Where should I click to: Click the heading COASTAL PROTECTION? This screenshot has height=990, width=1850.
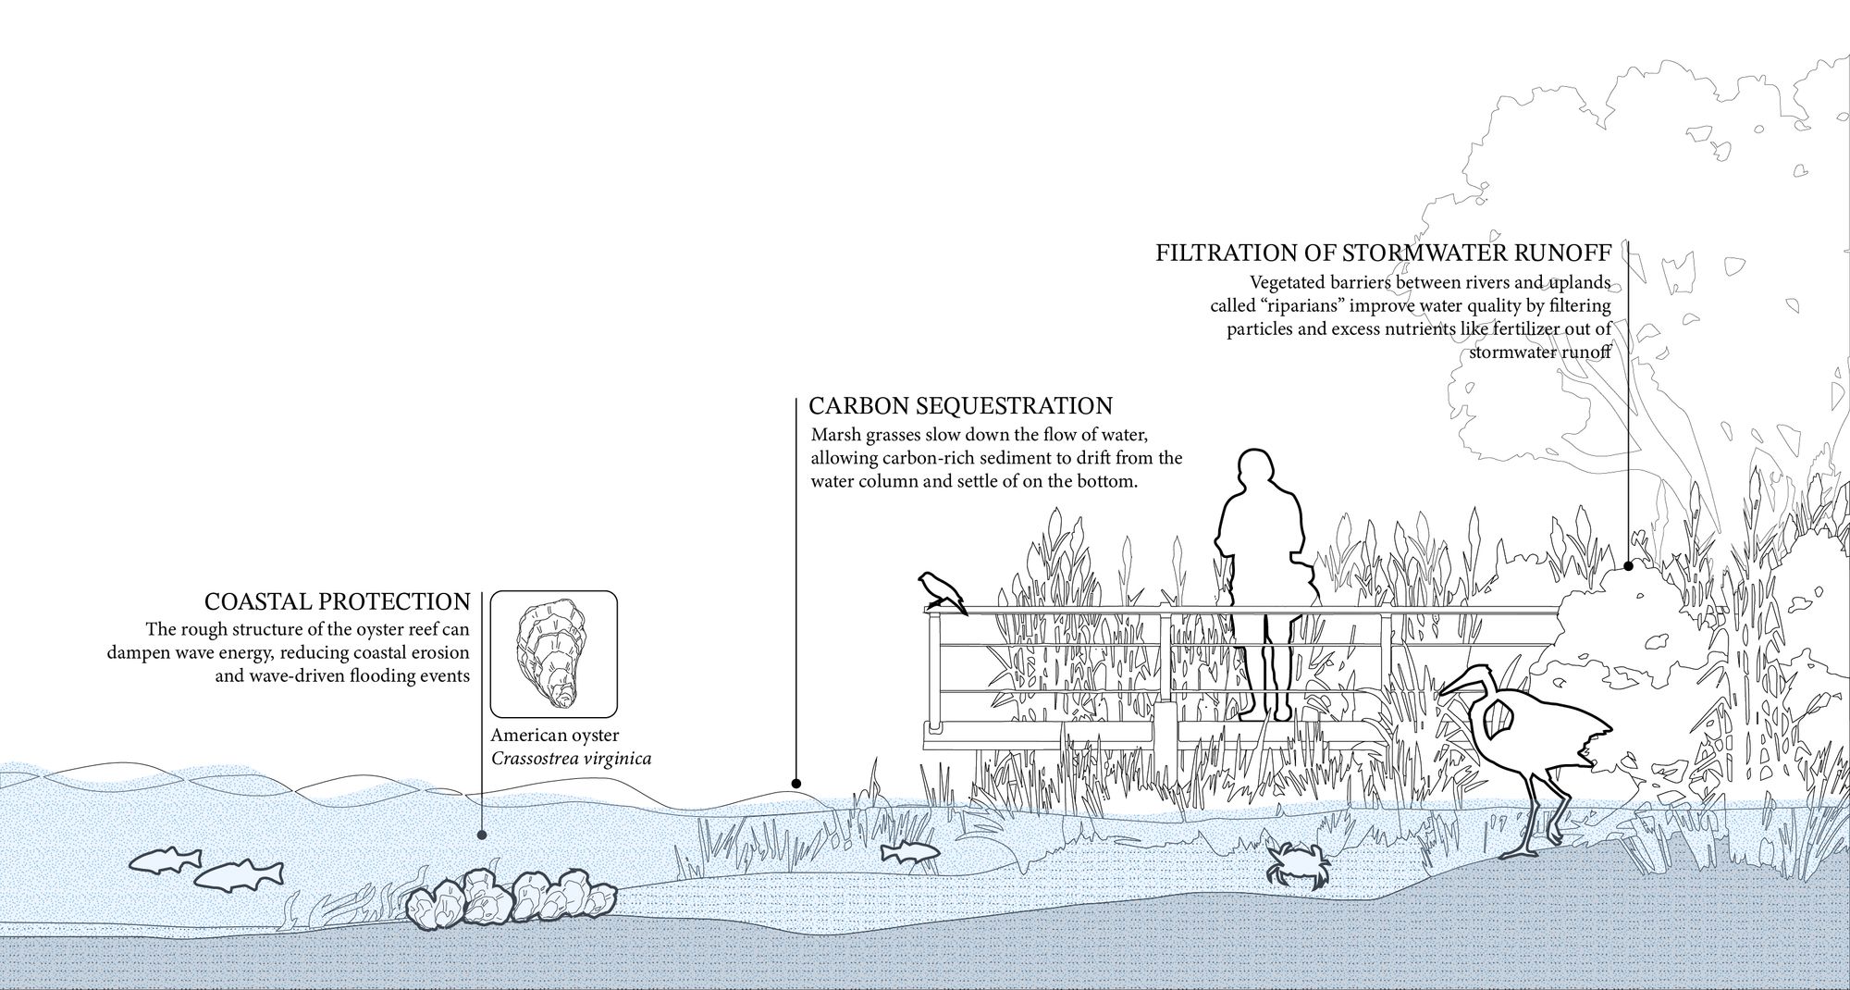[337, 602]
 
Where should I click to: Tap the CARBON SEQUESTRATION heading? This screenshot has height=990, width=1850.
[960, 406]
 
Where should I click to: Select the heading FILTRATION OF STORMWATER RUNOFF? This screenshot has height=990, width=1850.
[1384, 254]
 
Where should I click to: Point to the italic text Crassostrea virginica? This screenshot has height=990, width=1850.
[571, 759]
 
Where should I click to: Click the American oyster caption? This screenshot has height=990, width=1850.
[554, 736]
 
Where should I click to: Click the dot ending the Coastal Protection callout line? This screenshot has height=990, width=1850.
[482, 835]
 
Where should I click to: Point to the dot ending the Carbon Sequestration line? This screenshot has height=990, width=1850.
[795, 784]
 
